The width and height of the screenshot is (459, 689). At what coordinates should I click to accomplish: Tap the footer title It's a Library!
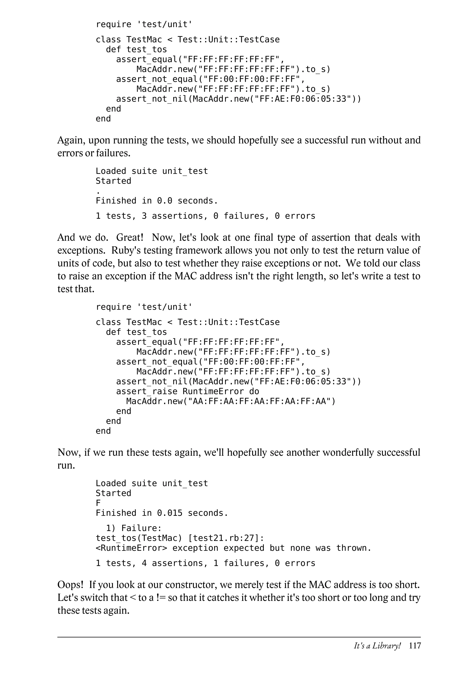click(377, 646)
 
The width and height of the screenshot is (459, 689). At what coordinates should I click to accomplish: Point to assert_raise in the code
click(147, 391)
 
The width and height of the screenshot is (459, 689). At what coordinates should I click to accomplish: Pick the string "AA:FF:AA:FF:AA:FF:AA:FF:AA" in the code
click(259, 401)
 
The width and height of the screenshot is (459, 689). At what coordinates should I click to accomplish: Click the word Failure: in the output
click(141, 528)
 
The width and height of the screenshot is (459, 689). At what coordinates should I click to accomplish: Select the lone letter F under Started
click(98, 503)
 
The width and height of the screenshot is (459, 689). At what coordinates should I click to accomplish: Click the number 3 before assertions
click(144, 216)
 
